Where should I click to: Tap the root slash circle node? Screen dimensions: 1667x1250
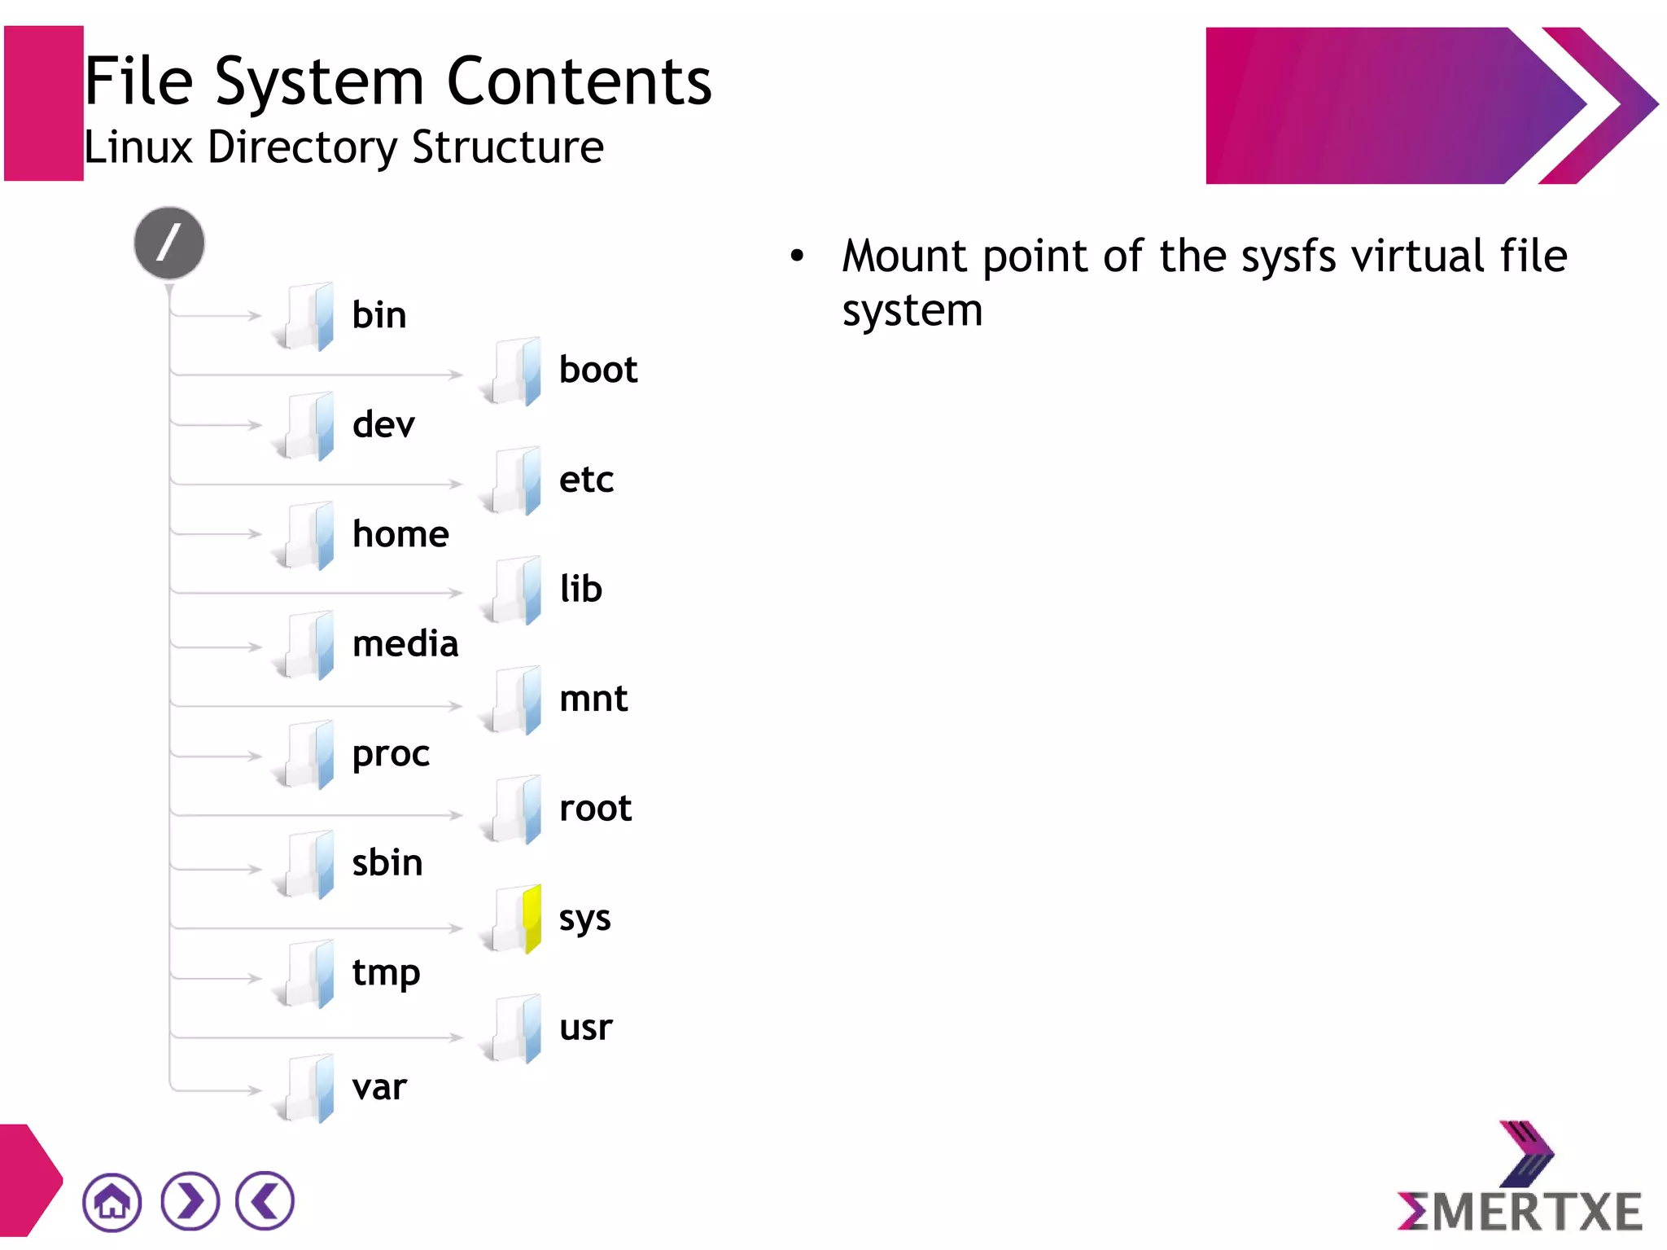(169, 243)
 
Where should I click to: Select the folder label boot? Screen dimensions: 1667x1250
(598, 371)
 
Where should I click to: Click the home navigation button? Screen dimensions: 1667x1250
(112, 1201)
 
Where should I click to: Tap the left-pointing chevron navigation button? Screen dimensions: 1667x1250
(265, 1201)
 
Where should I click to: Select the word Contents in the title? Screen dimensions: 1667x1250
(580, 81)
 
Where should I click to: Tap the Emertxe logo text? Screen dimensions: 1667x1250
(1520, 1212)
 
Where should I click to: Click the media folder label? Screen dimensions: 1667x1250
(405, 644)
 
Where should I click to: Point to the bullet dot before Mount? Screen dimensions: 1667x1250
(797, 257)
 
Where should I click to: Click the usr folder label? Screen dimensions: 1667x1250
(585, 1028)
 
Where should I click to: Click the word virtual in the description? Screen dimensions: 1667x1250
(1422, 257)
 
